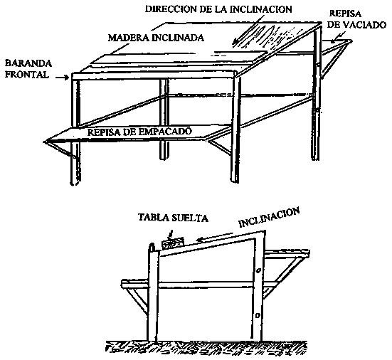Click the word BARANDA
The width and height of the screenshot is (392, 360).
tap(28, 63)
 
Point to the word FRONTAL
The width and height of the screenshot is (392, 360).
tap(27, 75)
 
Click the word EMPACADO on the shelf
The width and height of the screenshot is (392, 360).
tap(165, 132)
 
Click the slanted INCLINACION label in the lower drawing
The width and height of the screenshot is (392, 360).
tap(269, 218)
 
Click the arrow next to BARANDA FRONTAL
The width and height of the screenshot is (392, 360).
tap(62, 78)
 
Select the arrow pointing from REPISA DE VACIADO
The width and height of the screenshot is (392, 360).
tap(337, 37)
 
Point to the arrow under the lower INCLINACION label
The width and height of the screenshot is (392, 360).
tap(216, 237)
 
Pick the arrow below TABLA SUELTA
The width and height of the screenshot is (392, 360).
tap(169, 235)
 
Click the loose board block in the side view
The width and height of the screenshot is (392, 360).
tap(173, 244)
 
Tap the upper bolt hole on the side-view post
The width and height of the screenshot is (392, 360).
tap(259, 270)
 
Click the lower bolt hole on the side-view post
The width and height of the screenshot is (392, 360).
tap(258, 315)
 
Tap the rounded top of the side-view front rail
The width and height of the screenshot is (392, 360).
tap(152, 245)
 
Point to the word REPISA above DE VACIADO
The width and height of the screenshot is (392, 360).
tap(345, 14)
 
